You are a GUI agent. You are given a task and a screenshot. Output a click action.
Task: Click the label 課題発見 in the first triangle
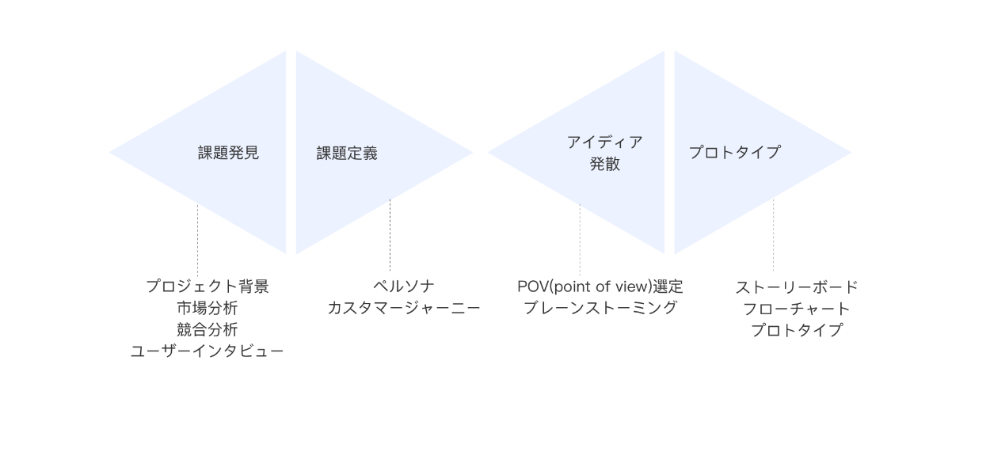tap(228, 154)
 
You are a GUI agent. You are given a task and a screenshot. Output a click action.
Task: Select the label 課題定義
tap(347, 154)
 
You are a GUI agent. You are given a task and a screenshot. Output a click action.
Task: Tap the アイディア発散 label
tap(604, 153)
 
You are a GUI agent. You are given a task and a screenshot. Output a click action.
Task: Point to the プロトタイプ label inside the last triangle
tap(734, 153)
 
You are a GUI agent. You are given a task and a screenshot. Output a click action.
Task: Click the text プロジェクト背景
tap(207, 287)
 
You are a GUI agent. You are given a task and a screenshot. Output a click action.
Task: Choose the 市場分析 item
tap(207, 308)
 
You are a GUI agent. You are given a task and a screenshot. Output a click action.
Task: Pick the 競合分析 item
tap(207, 329)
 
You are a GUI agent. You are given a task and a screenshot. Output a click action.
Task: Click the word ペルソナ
tap(404, 287)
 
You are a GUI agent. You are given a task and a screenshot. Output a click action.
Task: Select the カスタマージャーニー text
tap(404, 308)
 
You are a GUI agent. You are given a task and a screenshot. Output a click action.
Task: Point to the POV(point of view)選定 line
tap(600, 287)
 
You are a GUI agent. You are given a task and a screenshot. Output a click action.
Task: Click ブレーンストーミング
tap(600, 308)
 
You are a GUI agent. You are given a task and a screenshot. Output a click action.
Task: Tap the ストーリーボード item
tap(796, 287)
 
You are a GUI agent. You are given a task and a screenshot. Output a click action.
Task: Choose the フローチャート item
tap(796, 309)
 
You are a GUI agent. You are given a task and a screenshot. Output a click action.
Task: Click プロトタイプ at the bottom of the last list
tap(796, 330)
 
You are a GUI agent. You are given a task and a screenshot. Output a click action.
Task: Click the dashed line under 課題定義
tap(390, 234)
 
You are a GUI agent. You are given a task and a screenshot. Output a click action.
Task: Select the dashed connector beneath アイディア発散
tap(580, 238)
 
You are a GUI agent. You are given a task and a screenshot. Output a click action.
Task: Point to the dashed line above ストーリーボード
tap(773, 235)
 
